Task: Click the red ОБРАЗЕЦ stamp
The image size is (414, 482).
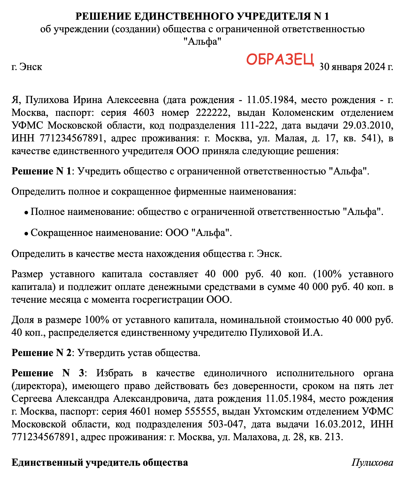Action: (280, 59)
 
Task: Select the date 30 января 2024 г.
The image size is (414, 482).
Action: (356, 67)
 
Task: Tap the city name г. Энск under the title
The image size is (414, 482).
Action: (27, 67)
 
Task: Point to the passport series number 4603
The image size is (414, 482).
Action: (144, 113)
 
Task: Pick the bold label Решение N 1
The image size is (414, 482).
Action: (42, 171)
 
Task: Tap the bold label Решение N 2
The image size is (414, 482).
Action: (42, 353)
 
